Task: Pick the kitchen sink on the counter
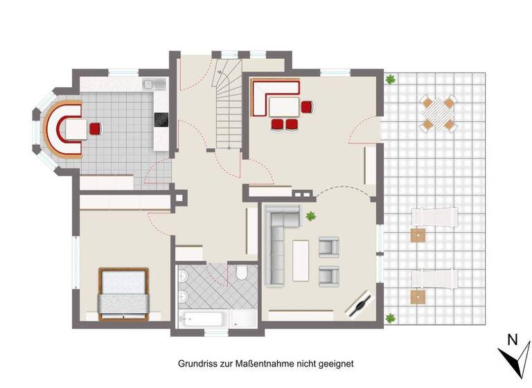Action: point(153,85)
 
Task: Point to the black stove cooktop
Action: point(161,121)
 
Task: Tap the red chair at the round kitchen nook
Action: point(95,128)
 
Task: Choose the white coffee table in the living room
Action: point(301,260)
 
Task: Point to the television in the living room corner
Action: point(361,304)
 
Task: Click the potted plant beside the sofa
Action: point(310,215)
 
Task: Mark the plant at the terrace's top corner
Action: point(391,79)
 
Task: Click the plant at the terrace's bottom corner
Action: point(391,317)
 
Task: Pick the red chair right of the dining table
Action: point(307,106)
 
